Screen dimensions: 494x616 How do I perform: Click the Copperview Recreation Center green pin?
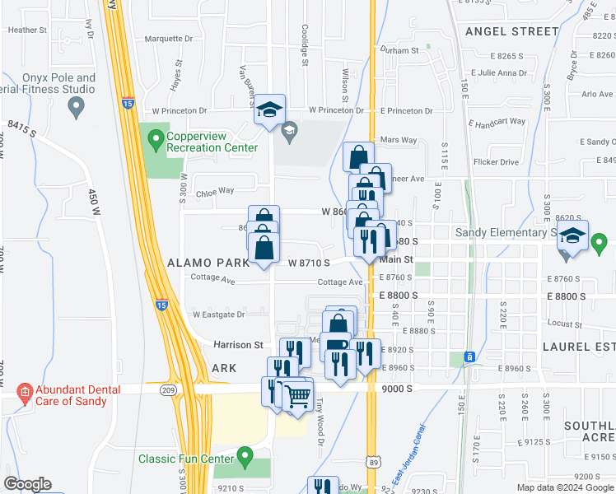[154, 142]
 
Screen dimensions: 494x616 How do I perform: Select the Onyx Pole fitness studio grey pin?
[77, 105]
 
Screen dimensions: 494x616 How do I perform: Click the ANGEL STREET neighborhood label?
[511, 31]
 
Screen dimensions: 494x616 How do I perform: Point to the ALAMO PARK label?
[208, 263]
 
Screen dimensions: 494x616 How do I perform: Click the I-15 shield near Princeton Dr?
[127, 103]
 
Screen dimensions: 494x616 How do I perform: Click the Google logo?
[27, 484]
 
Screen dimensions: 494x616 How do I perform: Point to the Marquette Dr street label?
[168, 39]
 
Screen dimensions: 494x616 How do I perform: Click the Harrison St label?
[238, 345]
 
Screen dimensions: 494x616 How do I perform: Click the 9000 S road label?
[396, 388]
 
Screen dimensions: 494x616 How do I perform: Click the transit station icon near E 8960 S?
[469, 357]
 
